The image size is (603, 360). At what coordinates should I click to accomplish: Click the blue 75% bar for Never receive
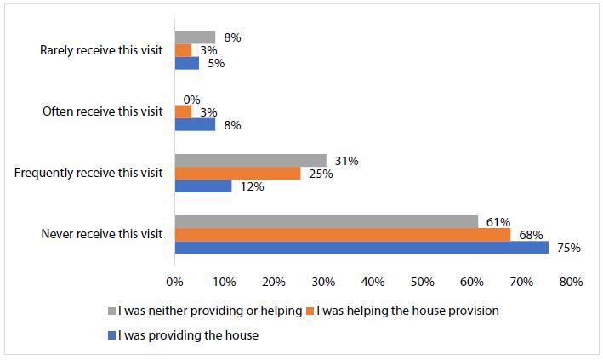click(361, 248)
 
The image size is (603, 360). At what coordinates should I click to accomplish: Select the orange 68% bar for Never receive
click(343, 235)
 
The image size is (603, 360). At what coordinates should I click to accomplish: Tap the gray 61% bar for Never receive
click(326, 221)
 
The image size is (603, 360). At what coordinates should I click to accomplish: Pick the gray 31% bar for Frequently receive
click(250, 160)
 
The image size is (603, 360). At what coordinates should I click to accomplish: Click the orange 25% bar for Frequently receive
click(237, 174)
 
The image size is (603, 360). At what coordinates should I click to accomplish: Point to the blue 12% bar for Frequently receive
click(203, 186)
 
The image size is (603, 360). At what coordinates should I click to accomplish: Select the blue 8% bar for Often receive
click(195, 124)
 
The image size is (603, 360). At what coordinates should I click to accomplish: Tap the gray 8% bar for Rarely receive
click(195, 37)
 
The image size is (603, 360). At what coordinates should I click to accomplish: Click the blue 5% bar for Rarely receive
click(187, 63)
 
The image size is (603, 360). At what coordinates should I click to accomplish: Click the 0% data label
click(191, 100)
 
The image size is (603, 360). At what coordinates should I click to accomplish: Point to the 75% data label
click(569, 249)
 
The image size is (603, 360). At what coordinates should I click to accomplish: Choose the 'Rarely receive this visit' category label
click(101, 50)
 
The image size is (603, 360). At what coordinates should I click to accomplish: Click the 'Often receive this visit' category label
click(102, 111)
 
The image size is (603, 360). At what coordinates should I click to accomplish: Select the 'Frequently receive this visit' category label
click(88, 173)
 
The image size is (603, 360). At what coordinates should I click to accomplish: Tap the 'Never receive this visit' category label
click(101, 235)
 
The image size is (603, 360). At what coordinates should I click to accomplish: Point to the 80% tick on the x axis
click(571, 282)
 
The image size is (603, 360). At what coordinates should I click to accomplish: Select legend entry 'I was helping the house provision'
click(407, 311)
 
